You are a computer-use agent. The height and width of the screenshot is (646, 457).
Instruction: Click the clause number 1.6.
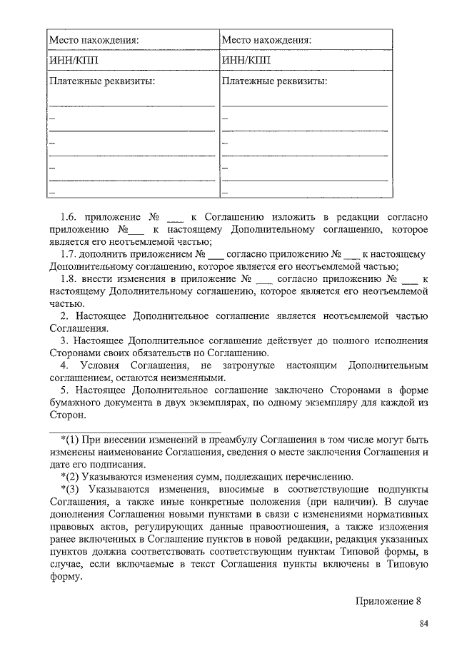(69, 216)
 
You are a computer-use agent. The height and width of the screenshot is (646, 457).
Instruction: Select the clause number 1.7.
(69, 253)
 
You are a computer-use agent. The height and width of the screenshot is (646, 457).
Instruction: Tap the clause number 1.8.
(69, 278)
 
